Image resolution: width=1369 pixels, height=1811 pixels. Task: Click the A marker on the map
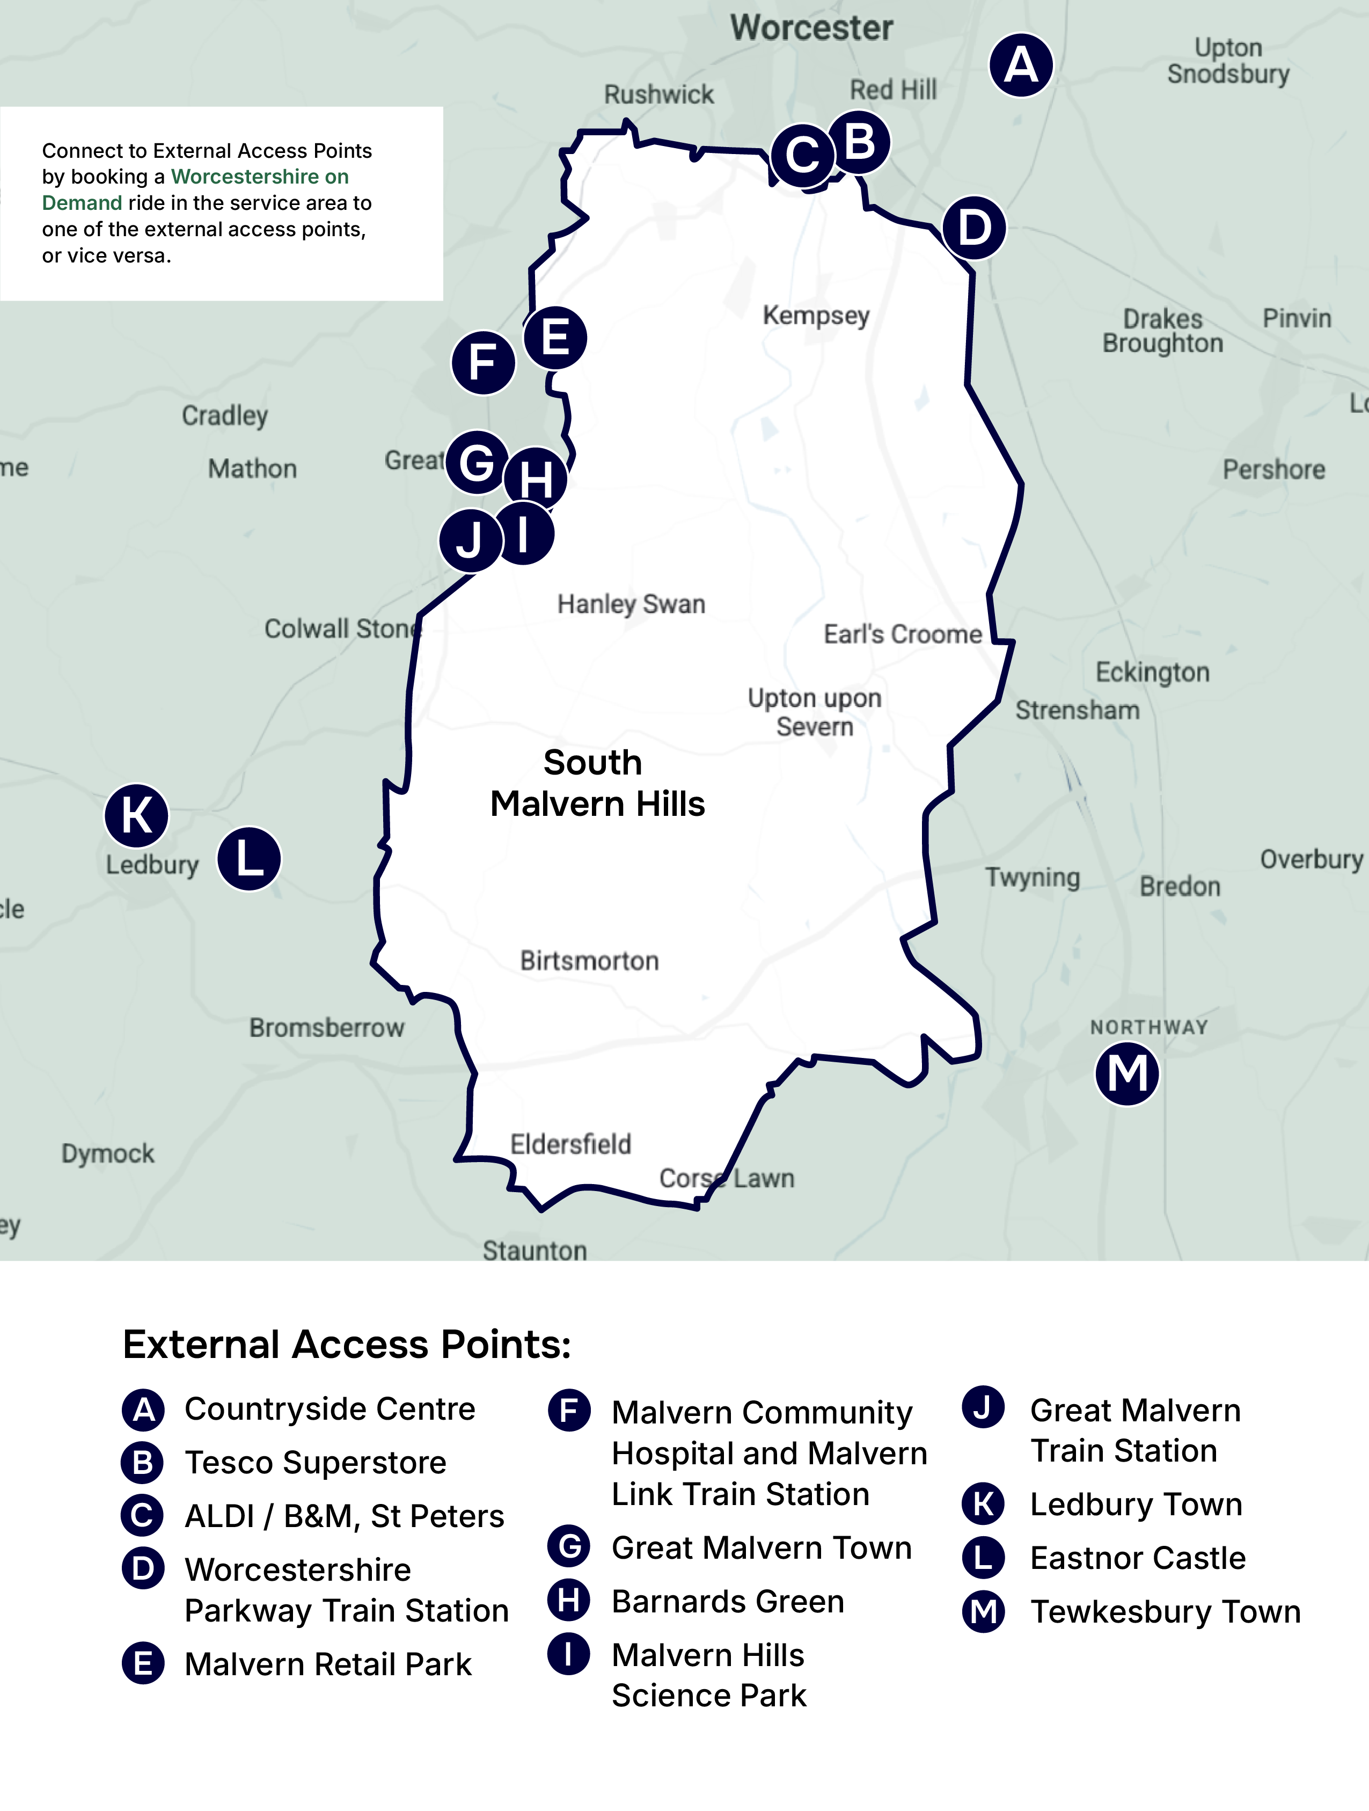1020,64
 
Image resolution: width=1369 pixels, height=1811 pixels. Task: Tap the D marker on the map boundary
973,228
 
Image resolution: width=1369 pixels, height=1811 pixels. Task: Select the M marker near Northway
1126,1074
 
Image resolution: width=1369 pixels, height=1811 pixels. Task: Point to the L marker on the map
249,859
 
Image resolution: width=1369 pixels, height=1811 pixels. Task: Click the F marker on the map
483,363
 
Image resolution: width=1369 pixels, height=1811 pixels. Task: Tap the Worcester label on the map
811,28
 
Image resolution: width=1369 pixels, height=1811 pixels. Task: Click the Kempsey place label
816,315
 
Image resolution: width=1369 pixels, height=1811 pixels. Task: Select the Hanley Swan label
631,604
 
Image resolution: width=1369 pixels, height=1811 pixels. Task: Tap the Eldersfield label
570,1144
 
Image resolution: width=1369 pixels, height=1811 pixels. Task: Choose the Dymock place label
107,1153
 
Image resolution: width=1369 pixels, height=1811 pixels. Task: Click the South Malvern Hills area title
597,784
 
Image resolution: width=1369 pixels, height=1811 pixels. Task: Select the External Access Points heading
347,1345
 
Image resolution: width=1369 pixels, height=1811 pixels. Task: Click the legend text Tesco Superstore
315,1462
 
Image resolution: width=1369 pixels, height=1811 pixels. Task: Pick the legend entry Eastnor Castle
1137,1558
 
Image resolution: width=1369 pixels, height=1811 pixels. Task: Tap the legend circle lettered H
569,1601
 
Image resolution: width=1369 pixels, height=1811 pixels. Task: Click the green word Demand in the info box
82,203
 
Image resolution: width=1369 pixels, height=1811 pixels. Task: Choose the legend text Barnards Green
728,1602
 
